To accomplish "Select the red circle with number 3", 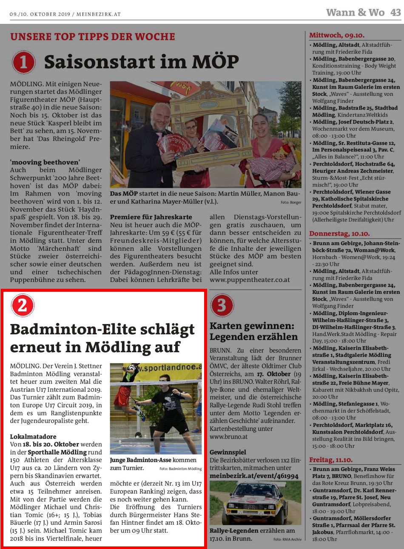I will point(222,305).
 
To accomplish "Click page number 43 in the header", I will point(395,12).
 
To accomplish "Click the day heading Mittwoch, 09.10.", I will point(337,35).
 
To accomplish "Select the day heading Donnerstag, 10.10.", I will point(339,233).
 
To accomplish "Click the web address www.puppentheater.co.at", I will point(250,280).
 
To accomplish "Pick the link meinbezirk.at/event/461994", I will point(254,476).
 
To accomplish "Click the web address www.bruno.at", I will point(228,437).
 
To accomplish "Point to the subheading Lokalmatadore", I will point(33,437).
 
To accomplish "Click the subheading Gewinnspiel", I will point(228,452).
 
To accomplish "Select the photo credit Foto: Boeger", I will point(291,202).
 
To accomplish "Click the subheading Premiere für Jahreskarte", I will point(151,217).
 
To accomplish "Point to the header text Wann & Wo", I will point(355,12).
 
